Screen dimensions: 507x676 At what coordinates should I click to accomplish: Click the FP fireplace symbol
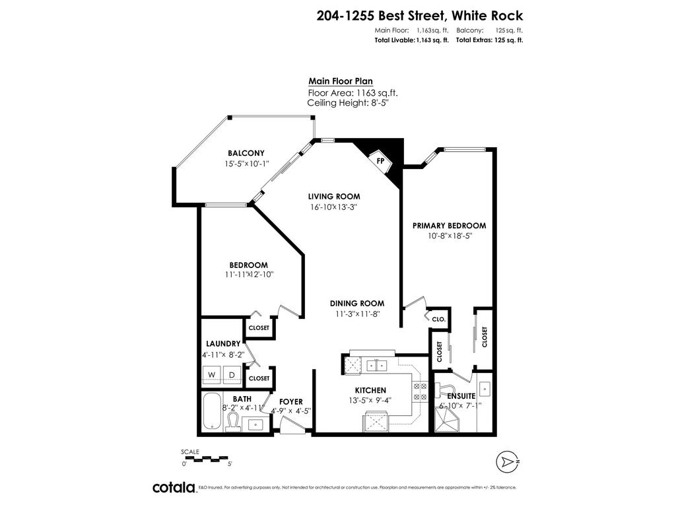point(381,160)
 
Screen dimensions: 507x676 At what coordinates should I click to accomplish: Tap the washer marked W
point(212,375)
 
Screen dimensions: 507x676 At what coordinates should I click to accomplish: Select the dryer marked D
point(232,375)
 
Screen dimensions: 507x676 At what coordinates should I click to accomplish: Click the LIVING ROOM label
point(334,196)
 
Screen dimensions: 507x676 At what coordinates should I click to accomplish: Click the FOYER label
point(290,401)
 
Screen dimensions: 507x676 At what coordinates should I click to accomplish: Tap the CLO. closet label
point(439,319)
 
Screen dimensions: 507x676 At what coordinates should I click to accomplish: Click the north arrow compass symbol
point(506,460)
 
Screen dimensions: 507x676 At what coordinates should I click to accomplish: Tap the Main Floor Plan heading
point(341,81)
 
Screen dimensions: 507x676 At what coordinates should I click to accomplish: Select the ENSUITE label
point(461,396)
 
